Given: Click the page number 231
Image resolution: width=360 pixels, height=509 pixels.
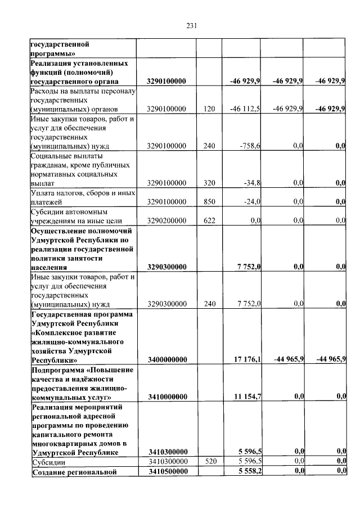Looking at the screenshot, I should pyautogui.click(x=191, y=26).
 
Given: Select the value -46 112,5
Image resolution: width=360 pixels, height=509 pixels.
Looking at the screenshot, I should pyautogui.click(x=245, y=109).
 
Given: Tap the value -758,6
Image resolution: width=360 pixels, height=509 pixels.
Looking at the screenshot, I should pyautogui.click(x=249, y=146).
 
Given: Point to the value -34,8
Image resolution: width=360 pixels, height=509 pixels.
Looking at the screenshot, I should pyautogui.click(x=251, y=183).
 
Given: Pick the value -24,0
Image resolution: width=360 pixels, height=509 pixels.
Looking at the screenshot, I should pyautogui.click(x=251, y=201).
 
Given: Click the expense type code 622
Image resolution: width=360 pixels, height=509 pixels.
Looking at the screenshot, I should pyautogui.click(x=210, y=220).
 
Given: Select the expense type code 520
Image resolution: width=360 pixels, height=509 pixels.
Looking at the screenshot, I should pyautogui.click(x=210, y=461).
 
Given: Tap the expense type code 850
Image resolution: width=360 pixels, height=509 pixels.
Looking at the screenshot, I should pyautogui.click(x=210, y=201).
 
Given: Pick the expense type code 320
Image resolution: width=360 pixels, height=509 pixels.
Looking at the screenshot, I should pyautogui.click(x=210, y=183).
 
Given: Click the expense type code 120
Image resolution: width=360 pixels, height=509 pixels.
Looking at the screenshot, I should pyautogui.click(x=210, y=109).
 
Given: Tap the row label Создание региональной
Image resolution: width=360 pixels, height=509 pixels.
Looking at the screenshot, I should pyautogui.click(x=74, y=471).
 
